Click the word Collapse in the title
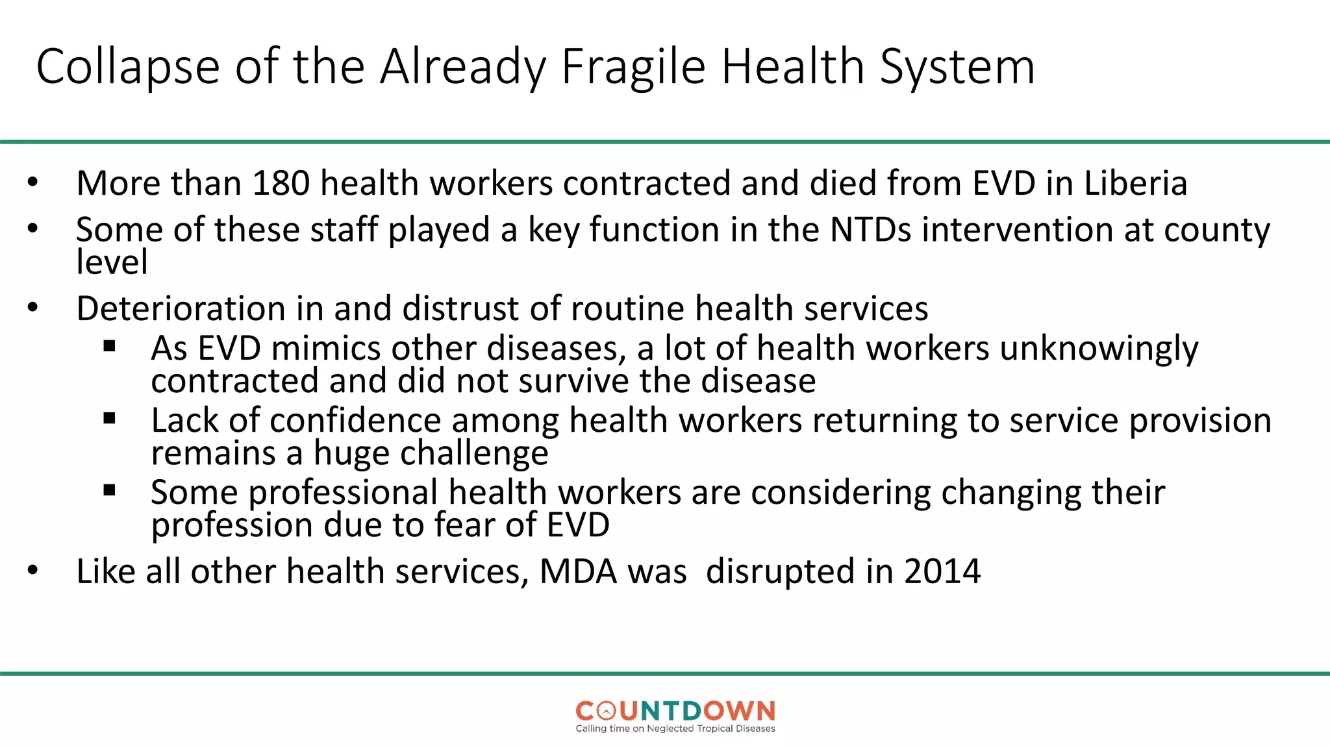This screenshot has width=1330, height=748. [x=128, y=67]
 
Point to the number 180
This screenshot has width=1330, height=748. [x=281, y=183]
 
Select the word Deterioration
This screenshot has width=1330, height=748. [x=181, y=308]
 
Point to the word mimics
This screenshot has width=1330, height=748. [x=326, y=349]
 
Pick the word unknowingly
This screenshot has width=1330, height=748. [x=1099, y=350]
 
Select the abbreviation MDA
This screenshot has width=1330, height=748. [x=578, y=572]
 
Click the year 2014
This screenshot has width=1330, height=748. [x=942, y=572]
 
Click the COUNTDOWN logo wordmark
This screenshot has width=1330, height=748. [x=675, y=711]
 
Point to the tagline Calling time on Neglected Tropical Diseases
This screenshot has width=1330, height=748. [x=675, y=729]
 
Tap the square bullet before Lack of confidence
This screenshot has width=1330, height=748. [x=109, y=418]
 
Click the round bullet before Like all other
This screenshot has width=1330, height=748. [x=33, y=571]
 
